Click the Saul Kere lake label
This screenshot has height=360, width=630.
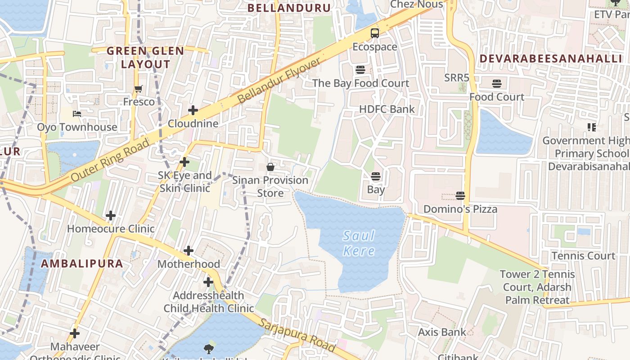coord(359,243)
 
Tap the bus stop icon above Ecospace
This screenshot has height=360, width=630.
coord(375,33)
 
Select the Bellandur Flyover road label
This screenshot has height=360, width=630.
coord(279,80)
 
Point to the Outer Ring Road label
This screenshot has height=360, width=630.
coord(110,160)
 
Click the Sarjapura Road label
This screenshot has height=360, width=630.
coord(297,335)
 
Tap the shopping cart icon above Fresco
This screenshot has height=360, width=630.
coord(139,89)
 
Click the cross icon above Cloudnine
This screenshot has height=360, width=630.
coord(193,110)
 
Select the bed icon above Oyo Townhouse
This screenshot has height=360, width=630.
coord(77,113)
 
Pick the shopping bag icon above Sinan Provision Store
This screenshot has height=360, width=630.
coord(270,167)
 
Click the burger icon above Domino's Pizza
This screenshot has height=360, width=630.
coord(460,196)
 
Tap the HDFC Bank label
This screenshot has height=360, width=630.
coord(387,109)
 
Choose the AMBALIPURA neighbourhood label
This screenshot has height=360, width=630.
coord(82,264)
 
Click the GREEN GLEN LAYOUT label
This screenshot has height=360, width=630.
coord(145,58)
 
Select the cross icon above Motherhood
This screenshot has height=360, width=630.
coord(189,251)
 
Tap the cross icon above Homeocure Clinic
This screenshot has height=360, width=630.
coord(111,216)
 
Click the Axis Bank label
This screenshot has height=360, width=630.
coord(442,332)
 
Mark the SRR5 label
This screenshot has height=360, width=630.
coord(457,77)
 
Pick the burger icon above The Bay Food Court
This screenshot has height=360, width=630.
coord(360,70)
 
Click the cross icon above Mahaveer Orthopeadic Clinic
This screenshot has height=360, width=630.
coord(75,333)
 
